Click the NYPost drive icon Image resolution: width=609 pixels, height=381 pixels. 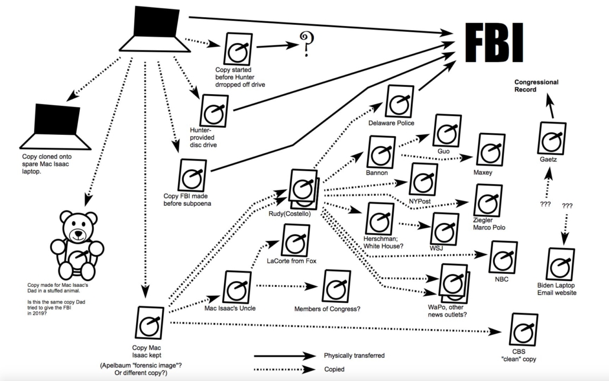pyautogui.click(x=423, y=180)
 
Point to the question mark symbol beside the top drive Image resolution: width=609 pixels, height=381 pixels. pyautogui.click(x=306, y=45)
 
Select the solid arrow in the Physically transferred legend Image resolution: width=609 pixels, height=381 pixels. pyautogui.click(x=285, y=356)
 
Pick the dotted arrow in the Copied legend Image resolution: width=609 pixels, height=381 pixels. pyautogui.click(x=285, y=369)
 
